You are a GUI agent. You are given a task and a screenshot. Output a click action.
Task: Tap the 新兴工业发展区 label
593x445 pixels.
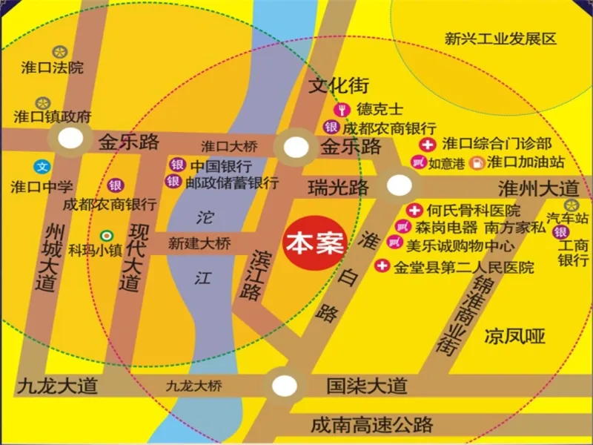(x=500, y=39)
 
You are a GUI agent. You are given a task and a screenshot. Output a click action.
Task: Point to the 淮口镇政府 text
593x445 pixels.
(x=53, y=116)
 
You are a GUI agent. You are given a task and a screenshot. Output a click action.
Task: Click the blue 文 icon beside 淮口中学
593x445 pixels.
(x=42, y=166)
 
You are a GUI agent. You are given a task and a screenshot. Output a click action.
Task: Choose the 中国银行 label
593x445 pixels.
(x=221, y=165)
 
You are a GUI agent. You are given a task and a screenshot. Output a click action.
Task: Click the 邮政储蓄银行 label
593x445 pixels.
(x=232, y=182)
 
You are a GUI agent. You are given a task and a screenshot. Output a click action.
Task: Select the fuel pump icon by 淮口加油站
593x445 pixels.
(x=477, y=161)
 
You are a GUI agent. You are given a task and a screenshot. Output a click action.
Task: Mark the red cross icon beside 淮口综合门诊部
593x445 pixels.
(x=427, y=143)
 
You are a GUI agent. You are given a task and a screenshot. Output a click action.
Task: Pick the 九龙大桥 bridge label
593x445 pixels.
(x=193, y=386)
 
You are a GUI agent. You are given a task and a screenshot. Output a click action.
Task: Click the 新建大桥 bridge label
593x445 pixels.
(x=199, y=243)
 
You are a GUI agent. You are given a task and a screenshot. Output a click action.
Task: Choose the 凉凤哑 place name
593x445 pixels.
(x=515, y=337)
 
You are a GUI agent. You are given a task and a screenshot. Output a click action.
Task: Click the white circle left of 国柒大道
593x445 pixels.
(x=283, y=385)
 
